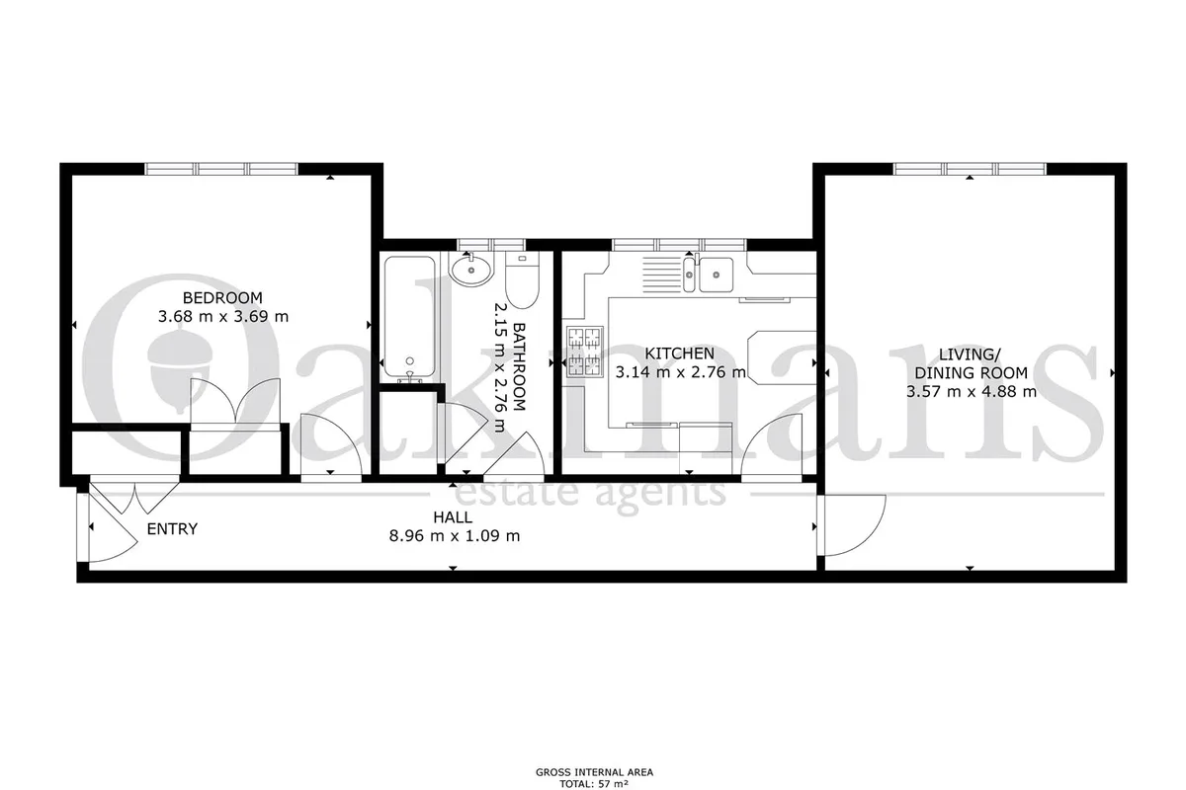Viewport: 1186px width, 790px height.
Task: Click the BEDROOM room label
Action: (x=222, y=298)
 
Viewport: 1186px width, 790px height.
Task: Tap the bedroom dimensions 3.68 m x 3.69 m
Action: (x=223, y=317)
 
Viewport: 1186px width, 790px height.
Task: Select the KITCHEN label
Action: (x=679, y=353)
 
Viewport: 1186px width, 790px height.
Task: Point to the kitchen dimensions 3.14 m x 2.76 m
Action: (x=680, y=372)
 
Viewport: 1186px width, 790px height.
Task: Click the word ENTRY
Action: (x=172, y=529)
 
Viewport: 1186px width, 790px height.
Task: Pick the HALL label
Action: (x=453, y=517)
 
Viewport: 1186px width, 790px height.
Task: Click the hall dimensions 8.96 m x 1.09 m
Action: (x=455, y=536)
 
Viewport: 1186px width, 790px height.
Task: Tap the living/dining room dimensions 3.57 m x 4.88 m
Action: (x=971, y=392)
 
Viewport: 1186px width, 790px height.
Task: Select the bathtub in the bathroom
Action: (x=410, y=319)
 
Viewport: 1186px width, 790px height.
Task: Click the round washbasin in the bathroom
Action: (x=470, y=270)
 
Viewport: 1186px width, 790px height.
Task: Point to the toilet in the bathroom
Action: (x=522, y=279)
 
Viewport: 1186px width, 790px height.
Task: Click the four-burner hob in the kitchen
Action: (x=585, y=352)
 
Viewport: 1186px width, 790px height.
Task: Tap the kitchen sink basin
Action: (x=716, y=275)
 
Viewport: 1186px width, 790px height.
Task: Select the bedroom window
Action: (x=221, y=169)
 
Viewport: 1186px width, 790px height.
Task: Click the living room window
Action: (x=970, y=169)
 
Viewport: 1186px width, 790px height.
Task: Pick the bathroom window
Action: (x=491, y=245)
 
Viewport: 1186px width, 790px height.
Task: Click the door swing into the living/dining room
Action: (x=851, y=525)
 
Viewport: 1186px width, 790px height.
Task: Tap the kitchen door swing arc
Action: (x=771, y=444)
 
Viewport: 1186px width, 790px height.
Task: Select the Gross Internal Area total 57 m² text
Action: (x=594, y=779)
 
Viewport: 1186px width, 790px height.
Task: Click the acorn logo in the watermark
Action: (x=181, y=369)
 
